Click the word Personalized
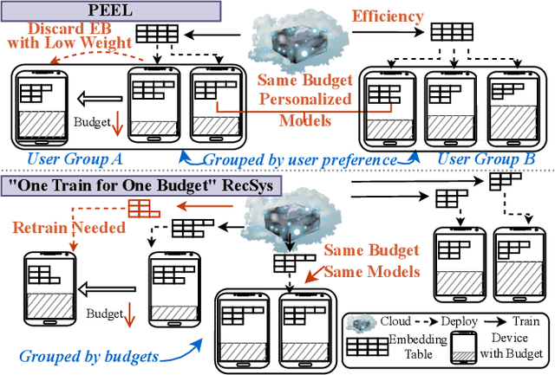305,99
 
